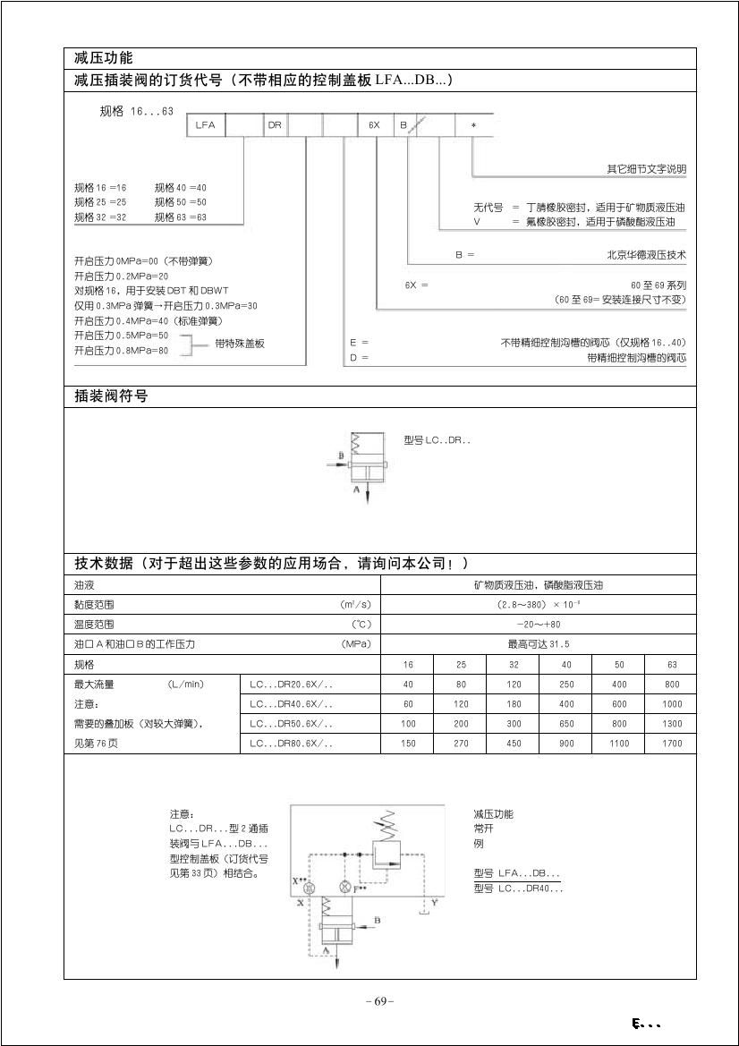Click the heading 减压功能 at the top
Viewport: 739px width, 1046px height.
[x=104, y=58]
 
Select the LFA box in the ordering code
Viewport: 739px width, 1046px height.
[x=205, y=125]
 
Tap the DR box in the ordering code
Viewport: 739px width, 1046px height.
[x=275, y=125]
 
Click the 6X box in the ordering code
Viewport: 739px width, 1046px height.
[x=375, y=125]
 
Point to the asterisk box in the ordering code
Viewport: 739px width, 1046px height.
[x=473, y=125]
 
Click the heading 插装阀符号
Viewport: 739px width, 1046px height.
[x=111, y=396]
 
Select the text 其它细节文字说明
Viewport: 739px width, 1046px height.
[x=646, y=169]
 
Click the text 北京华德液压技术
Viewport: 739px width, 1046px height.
[x=646, y=255]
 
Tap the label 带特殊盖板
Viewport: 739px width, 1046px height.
[x=240, y=344]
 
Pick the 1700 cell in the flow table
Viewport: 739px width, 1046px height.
[x=672, y=744]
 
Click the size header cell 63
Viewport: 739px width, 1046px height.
[x=672, y=665]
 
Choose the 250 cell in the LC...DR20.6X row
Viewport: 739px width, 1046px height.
[x=566, y=685]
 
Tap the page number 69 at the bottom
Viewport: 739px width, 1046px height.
[x=380, y=1001]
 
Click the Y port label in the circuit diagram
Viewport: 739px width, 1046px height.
[x=434, y=904]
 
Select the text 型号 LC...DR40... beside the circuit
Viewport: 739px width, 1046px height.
[x=518, y=889]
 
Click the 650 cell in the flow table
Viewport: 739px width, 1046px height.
[x=566, y=724]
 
